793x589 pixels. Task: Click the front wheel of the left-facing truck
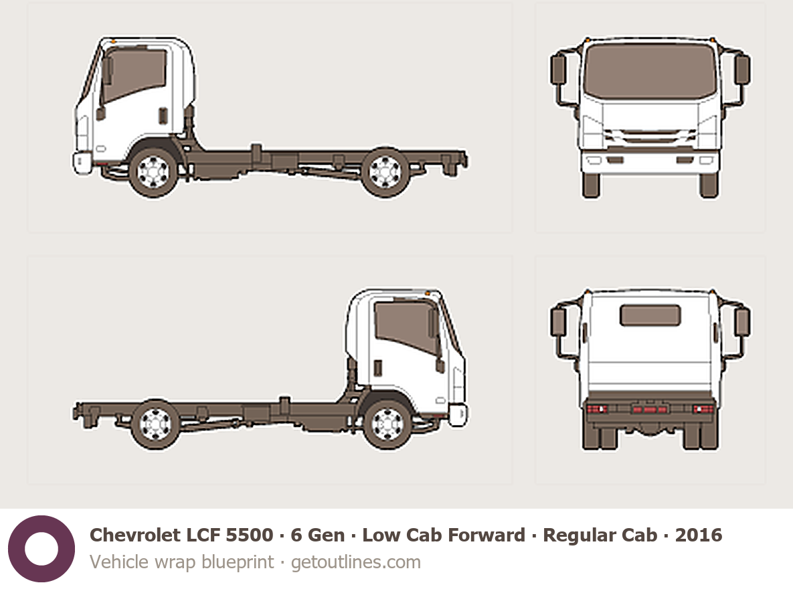(x=153, y=171)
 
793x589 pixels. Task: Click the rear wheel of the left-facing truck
(x=385, y=171)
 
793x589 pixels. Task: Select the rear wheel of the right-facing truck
(x=156, y=424)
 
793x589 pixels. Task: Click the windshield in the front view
(x=650, y=71)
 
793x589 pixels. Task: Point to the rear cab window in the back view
(x=650, y=315)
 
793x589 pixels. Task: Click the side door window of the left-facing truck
(x=134, y=75)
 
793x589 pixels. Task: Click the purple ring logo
(x=41, y=549)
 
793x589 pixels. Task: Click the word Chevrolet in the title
(x=135, y=535)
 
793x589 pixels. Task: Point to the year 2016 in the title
(x=699, y=535)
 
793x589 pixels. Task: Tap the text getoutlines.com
(x=356, y=562)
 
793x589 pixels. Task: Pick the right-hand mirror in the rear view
(x=742, y=322)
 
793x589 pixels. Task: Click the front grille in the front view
(x=650, y=136)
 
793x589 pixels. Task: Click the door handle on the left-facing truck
(x=163, y=116)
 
